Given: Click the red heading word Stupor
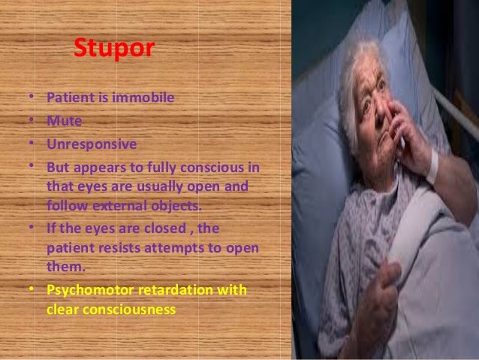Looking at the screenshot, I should [114, 50].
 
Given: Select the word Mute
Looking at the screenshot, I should [62, 119].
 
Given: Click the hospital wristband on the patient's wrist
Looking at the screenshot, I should [432, 166].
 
